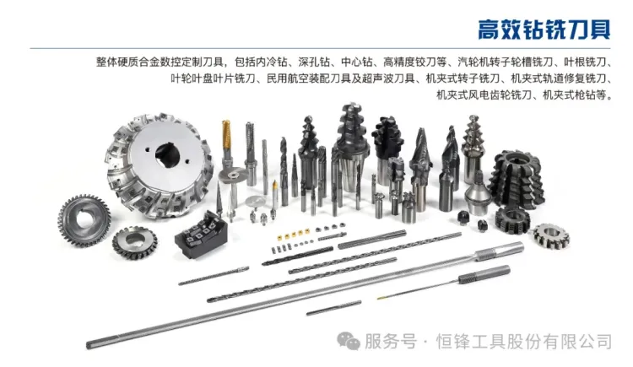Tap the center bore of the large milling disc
[165, 156]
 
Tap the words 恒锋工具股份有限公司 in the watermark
[522, 342]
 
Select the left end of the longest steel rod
[93, 343]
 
